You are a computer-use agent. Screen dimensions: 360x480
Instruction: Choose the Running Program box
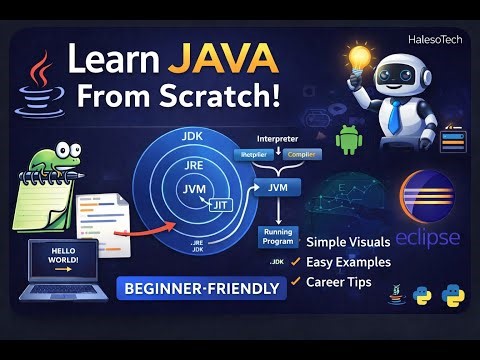(x=277, y=237)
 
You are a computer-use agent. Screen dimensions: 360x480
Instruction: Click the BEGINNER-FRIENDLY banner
(x=199, y=290)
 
